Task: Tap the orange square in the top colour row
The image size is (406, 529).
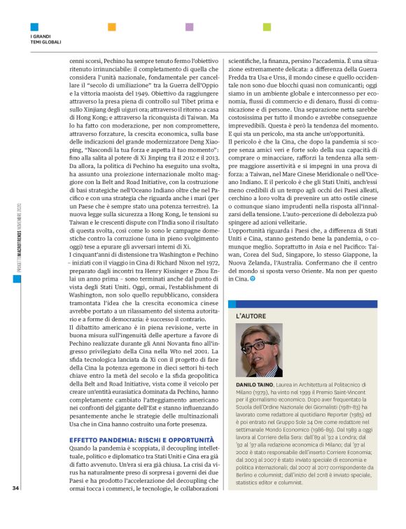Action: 111,27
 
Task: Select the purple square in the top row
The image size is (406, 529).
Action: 189,27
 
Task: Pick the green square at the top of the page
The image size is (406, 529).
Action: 267,27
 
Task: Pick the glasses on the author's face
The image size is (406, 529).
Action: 262,344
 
